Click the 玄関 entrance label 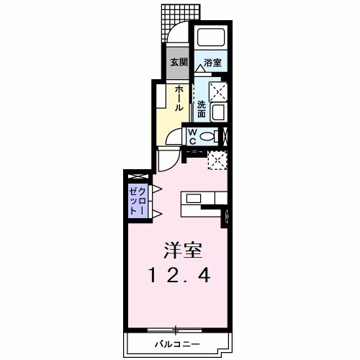[178, 63]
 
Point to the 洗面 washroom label [202, 109]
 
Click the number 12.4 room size [181, 274]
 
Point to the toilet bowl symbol [210, 136]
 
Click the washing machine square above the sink [217, 91]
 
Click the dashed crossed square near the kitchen [217, 160]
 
